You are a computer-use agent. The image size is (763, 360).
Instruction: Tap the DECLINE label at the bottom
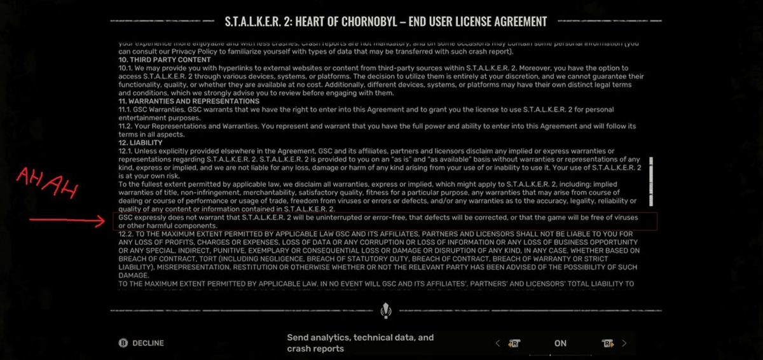(x=148, y=343)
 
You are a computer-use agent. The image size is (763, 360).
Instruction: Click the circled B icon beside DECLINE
(x=123, y=343)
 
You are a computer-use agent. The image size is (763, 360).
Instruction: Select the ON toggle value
(x=560, y=343)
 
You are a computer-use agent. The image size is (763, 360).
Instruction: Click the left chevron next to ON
(x=498, y=343)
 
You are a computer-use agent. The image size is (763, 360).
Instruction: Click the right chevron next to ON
(x=624, y=343)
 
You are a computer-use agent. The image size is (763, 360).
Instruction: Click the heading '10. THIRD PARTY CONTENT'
(x=156, y=60)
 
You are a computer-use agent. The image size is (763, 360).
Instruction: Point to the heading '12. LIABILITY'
(x=141, y=143)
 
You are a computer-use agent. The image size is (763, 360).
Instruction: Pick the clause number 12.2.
(x=127, y=234)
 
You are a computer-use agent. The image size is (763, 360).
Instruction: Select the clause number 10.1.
(x=126, y=68)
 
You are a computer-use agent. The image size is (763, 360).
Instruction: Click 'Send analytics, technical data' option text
(x=360, y=338)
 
